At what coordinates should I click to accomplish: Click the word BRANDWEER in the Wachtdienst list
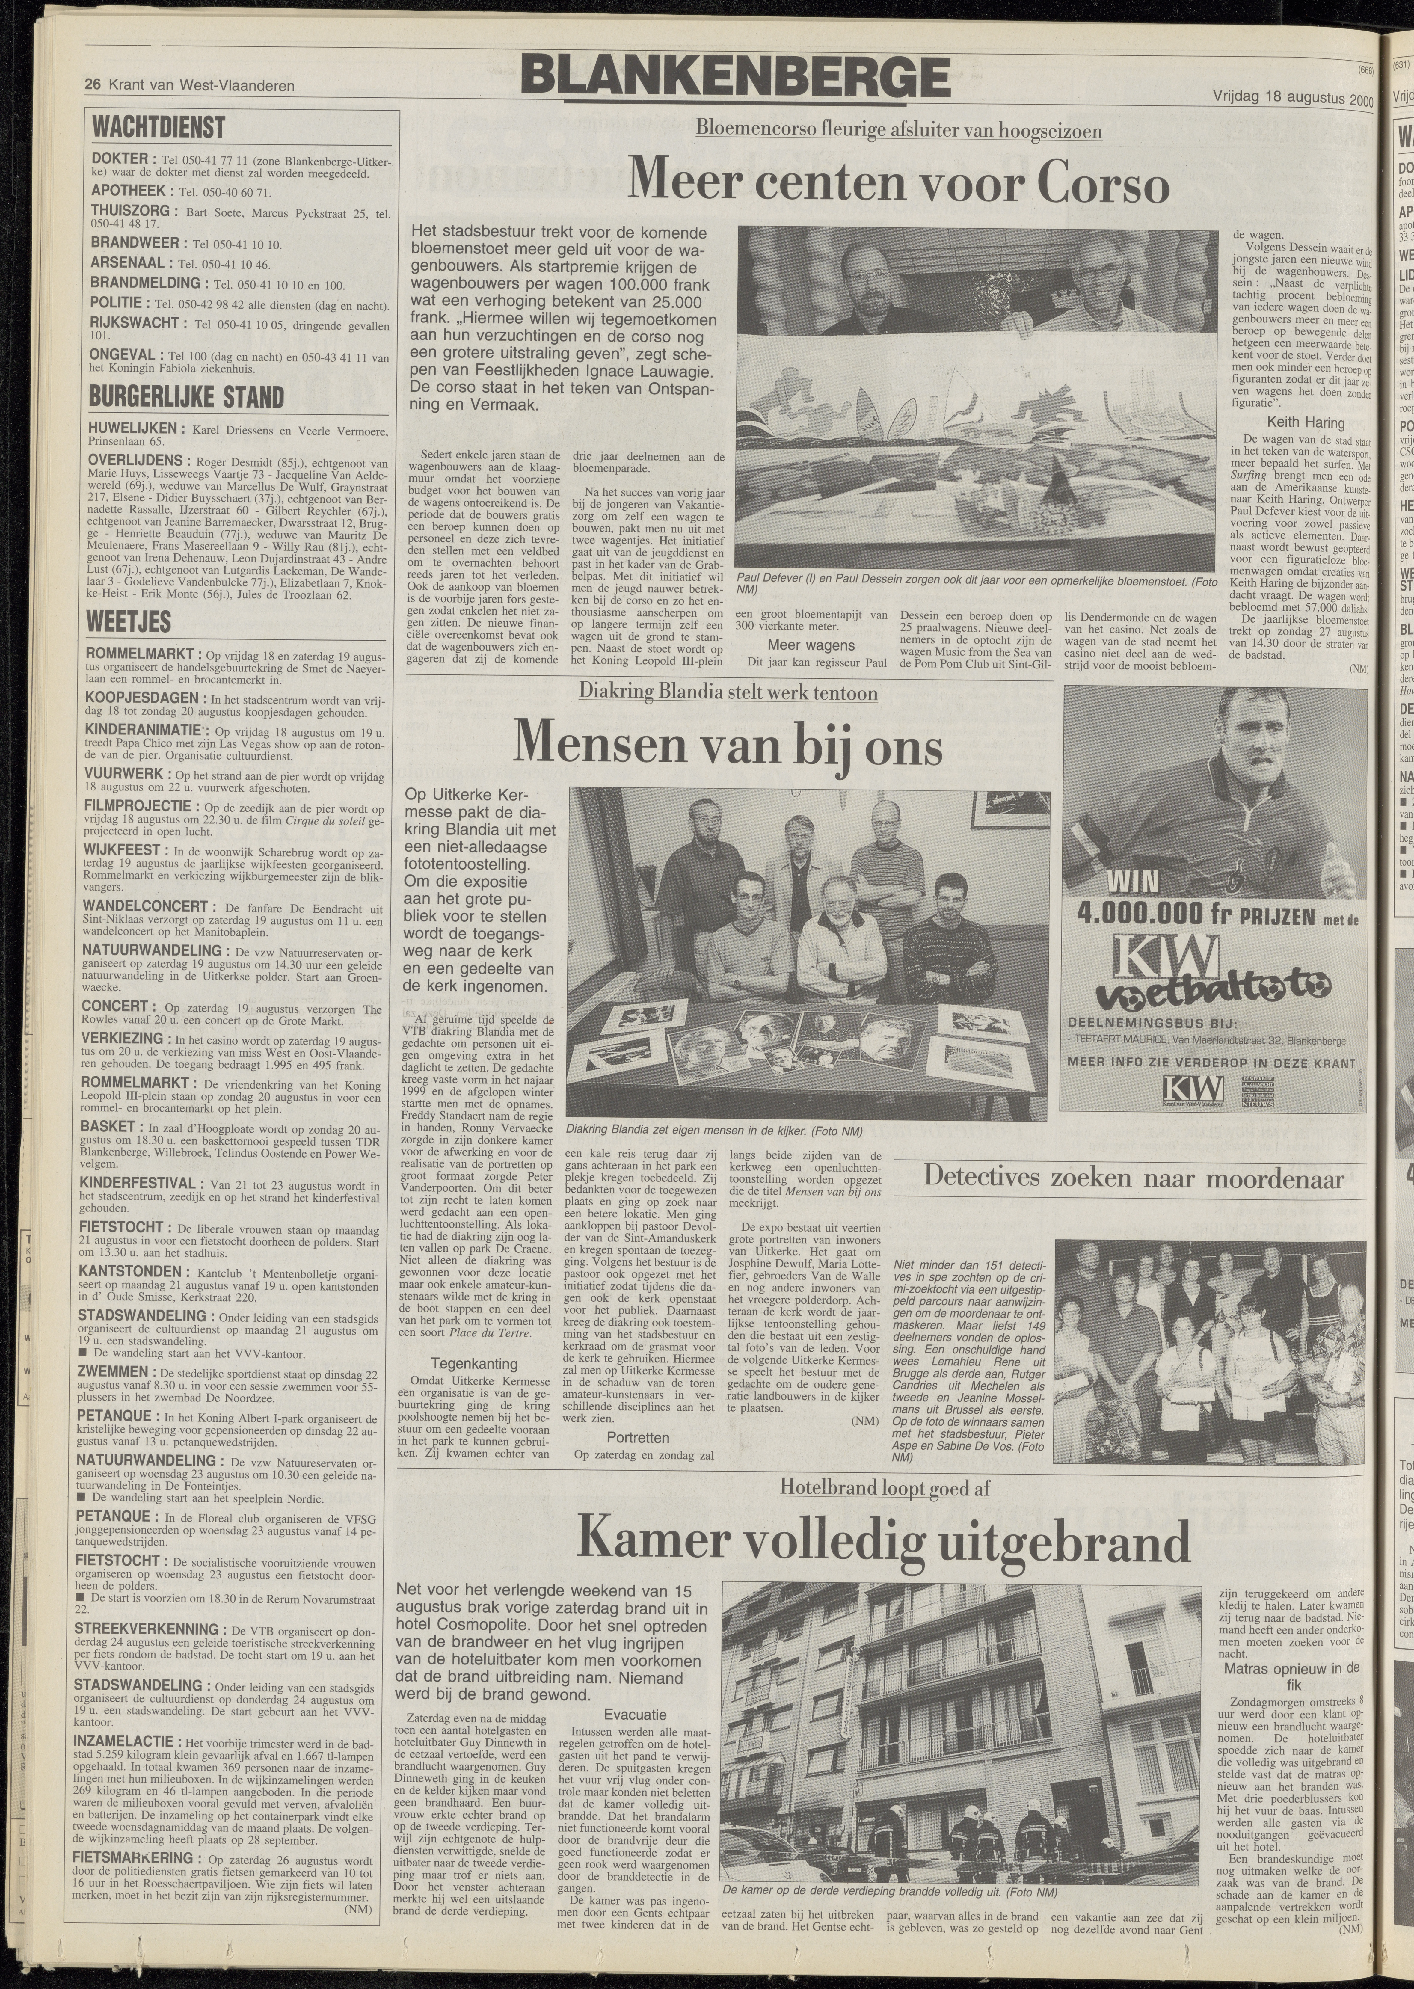tap(135, 243)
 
